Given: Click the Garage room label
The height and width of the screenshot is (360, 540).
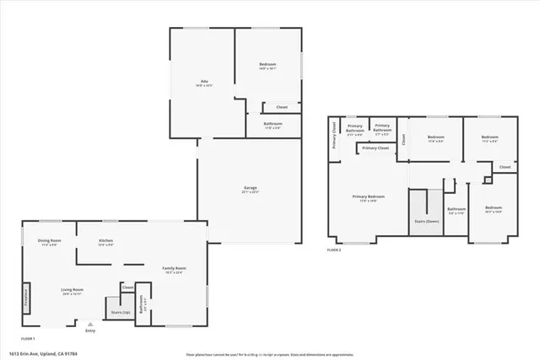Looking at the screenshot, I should click(x=250, y=189).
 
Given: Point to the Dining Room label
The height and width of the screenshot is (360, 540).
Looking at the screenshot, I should click(x=50, y=241).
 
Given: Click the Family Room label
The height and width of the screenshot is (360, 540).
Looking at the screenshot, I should click(x=174, y=269).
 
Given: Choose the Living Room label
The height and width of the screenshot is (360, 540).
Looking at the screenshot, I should click(x=72, y=291).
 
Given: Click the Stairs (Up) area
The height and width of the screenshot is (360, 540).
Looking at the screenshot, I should click(x=121, y=311).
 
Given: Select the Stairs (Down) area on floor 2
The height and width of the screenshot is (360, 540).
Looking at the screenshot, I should click(x=426, y=220).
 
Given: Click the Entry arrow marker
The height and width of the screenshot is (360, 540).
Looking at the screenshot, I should click(x=90, y=323).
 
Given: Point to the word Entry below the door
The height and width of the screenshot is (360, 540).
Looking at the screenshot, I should click(x=90, y=330).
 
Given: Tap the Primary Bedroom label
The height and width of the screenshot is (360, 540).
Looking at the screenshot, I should click(x=368, y=197).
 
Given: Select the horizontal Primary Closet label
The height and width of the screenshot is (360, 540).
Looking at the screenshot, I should click(x=376, y=148).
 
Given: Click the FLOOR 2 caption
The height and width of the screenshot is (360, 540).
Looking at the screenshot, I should click(x=334, y=250).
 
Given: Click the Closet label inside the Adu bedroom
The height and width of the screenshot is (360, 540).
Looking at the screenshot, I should click(x=282, y=107).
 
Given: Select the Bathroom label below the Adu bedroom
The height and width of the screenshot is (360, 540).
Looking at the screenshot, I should click(x=272, y=124).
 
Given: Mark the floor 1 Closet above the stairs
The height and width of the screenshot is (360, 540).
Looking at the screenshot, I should click(x=127, y=287).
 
